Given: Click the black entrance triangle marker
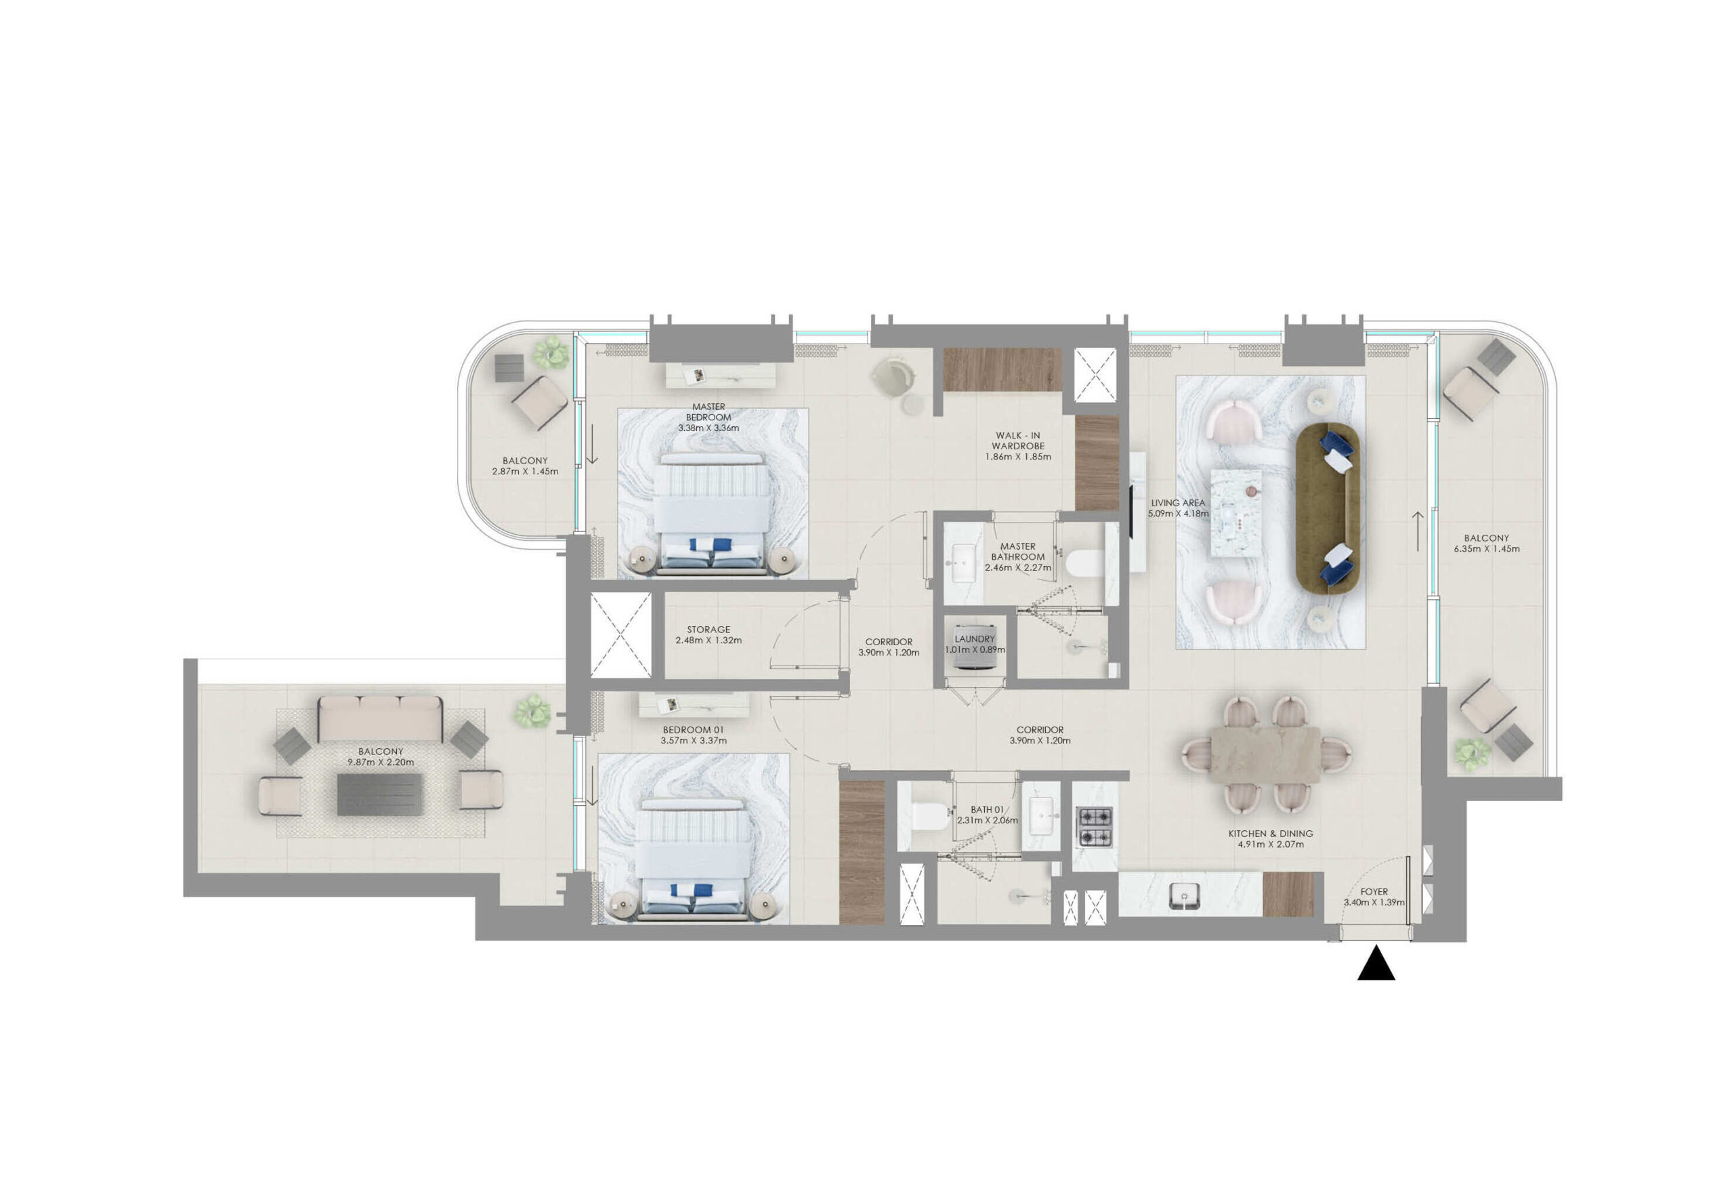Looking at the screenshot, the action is (1376, 963).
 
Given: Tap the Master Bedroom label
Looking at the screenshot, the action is (708, 412).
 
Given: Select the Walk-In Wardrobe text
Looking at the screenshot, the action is (1018, 441).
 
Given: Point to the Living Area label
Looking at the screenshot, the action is (1177, 502).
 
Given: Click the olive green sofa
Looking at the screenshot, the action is (1328, 508).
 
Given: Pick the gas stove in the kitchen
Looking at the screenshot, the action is (1095, 827).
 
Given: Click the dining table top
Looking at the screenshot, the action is (1265, 755).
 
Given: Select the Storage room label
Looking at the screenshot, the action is (708, 630).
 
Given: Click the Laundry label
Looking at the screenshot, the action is (975, 639).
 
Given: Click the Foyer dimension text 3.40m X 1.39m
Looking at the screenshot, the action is (1374, 902).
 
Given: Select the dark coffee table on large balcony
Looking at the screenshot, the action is (380, 794).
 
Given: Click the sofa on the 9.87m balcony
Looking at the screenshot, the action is (381, 719).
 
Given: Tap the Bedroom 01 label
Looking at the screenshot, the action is (693, 729).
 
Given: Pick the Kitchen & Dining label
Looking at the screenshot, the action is (1271, 833).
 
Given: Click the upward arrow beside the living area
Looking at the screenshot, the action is (1418, 531).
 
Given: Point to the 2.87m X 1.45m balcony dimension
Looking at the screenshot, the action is (524, 471).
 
